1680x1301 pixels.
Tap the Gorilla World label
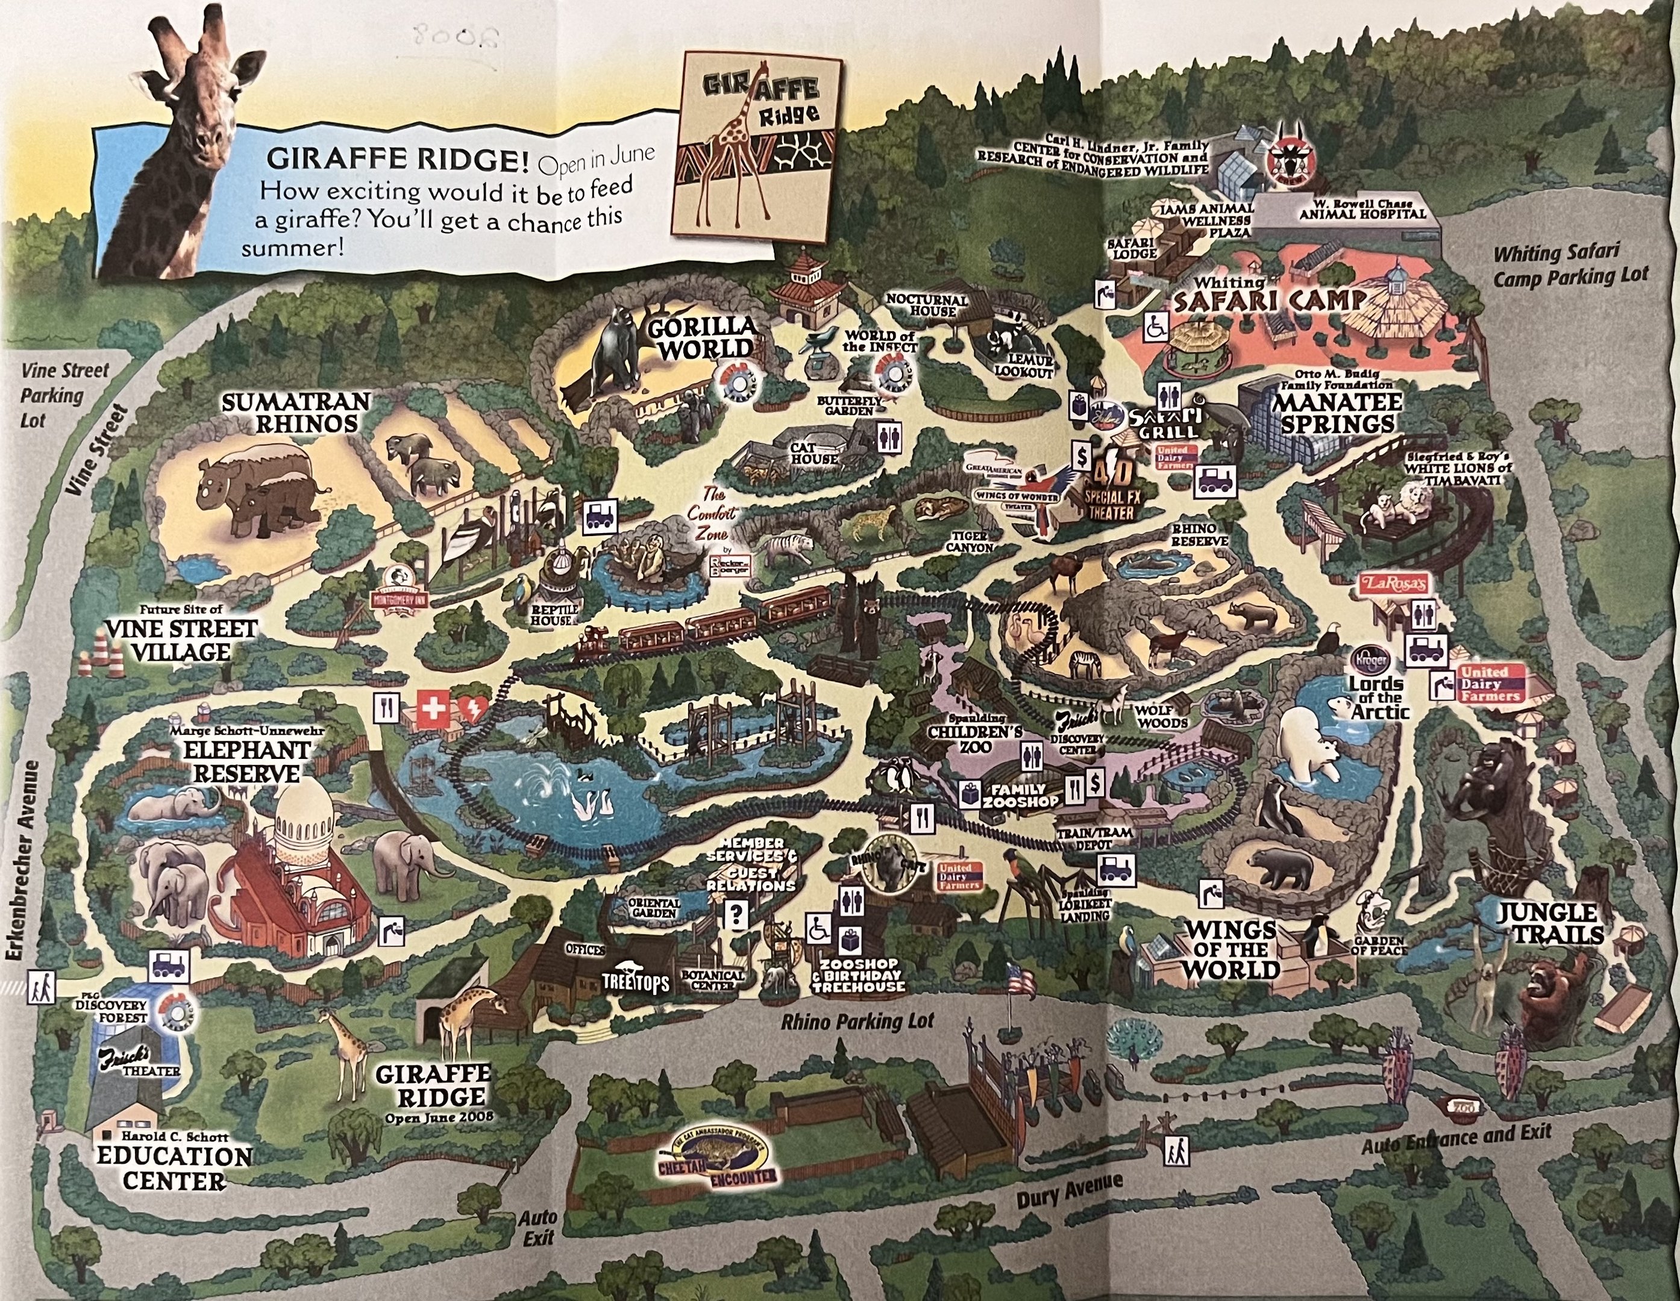701,339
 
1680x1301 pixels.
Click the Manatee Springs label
1335,413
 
